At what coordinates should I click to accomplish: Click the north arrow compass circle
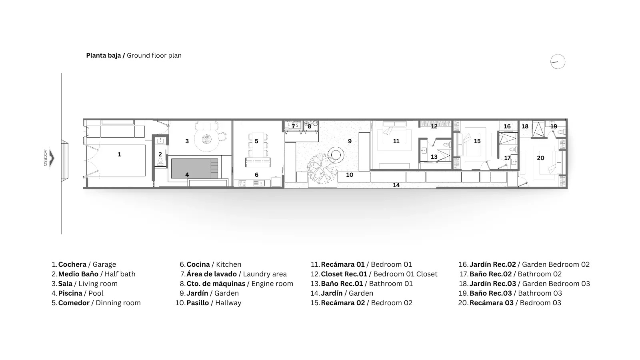click(x=558, y=54)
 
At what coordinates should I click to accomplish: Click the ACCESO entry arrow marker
click(x=52, y=158)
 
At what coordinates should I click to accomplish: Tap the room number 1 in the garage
click(x=120, y=154)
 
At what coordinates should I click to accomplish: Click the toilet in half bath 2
click(x=160, y=162)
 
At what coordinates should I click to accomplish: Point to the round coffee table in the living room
click(x=206, y=140)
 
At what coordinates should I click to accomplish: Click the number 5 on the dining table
click(x=256, y=141)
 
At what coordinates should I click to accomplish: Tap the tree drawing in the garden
click(x=322, y=169)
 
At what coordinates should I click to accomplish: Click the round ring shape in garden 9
click(x=336, y=148)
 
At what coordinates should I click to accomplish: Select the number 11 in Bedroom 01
click(x=396, y=141)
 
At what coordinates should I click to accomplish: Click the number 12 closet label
click(x=434, y=126)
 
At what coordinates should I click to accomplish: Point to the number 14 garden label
click(x=396, y=185)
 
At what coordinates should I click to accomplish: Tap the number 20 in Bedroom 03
click(x=540, y=158)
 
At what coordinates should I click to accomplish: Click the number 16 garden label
click(x=507, y=126)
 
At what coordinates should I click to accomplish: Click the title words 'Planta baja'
click(x=104, y=56)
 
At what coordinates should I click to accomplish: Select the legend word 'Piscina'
click(x=70, y=293)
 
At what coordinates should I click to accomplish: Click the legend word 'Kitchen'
click(x=228, y=264)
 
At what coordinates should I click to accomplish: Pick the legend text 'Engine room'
click(x=272, y=284)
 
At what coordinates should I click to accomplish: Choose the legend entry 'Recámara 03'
click(x=492, y=303)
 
